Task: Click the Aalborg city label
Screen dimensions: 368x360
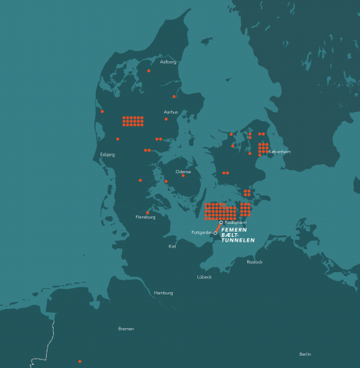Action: click(x=168, y=61)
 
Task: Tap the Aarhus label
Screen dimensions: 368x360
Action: click(x=171, y=112)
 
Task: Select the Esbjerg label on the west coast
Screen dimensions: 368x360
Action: click(x=107, y=154)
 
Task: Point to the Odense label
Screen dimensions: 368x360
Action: click(x=183, y=171)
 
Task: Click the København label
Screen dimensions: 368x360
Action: click(x=279, y=152)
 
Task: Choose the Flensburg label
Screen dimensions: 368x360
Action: click(x=146, y=217)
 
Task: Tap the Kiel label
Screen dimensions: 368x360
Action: click(x=172, y=246)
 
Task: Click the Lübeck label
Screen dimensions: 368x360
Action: click(x=204, y=277)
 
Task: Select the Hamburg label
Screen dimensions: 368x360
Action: click(x=163, y=293)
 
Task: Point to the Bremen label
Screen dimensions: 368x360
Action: click(x=126, y=328)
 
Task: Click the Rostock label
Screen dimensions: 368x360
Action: click(x=255, y=262)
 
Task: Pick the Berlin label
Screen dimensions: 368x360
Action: click(x=305, y=354)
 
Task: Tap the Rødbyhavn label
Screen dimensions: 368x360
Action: click(x=236, y=222)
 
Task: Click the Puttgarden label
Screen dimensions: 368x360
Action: click(x=201, y=233)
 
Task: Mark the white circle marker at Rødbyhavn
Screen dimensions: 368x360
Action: click(x=221, y=222)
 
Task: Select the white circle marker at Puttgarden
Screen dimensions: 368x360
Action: click(x=216, y=233)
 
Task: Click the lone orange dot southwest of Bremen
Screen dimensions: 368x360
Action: click(x=80, y=361)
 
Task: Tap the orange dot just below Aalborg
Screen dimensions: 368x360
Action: click(x=149, y=71)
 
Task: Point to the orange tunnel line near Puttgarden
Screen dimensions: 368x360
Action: click(x=218, y=228)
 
